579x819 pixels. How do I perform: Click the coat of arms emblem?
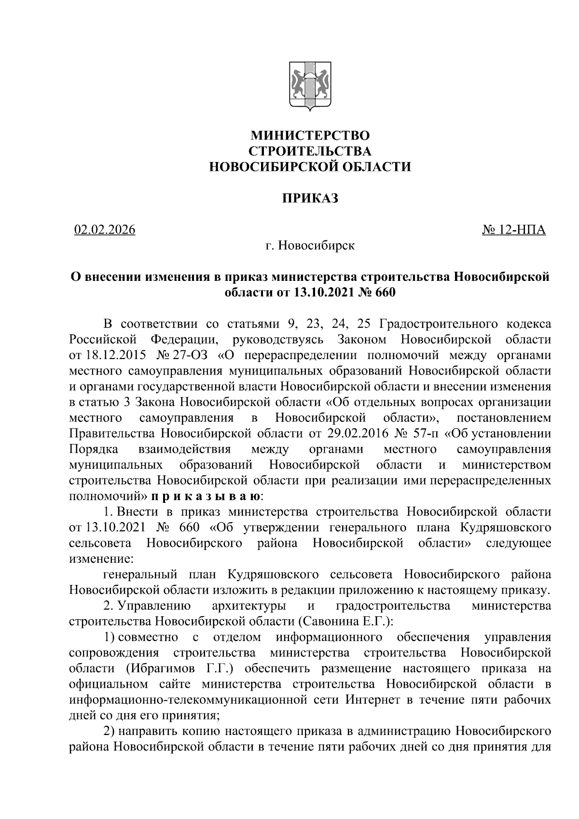pyautogui.click(x=309, y=87)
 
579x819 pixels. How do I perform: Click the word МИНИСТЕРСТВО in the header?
pyautogui.click(x=309, y=135)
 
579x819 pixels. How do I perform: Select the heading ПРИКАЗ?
pyautogui.click(x=309, y=198)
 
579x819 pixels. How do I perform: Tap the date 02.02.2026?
pyautogui.click(x=105, y=229)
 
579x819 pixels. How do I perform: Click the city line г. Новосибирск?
pyautogui.click(x=309, y=246)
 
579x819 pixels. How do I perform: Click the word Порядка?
pyautogui.click(x=94, y=449)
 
